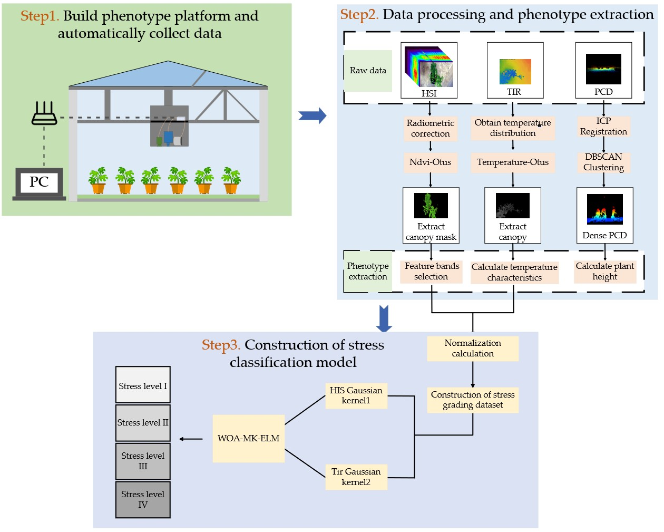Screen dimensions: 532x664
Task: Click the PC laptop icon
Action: coord(39,183)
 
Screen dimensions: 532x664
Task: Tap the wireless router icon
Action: coord(44,113)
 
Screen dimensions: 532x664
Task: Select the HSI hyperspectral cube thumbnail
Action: coord(429,66)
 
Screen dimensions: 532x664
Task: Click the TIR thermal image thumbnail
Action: coord(515,71)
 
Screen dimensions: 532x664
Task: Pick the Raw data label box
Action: coord(368,71)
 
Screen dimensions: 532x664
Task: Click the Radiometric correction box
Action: coord(431,129)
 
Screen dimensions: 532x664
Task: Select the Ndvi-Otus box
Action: coord(431,162)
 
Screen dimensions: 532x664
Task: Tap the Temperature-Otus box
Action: coord(513,162)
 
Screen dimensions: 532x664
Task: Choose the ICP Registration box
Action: coord(603,127)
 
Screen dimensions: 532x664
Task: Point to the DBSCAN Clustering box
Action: coord(603,162)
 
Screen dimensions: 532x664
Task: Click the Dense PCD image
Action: coord(605,209)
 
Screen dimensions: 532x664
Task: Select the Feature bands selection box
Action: coord(431,272)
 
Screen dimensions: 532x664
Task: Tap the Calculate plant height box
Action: coord(605,272)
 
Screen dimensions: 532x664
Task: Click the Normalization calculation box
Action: coord(473,349)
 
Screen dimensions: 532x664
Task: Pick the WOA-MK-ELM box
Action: coord(249,439)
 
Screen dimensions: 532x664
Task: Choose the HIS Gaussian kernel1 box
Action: coord(356,395)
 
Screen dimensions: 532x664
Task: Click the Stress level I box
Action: coord(143,385)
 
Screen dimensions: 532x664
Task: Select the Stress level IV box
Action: coord(143,499)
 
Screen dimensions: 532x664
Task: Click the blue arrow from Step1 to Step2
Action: coord(313,116)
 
